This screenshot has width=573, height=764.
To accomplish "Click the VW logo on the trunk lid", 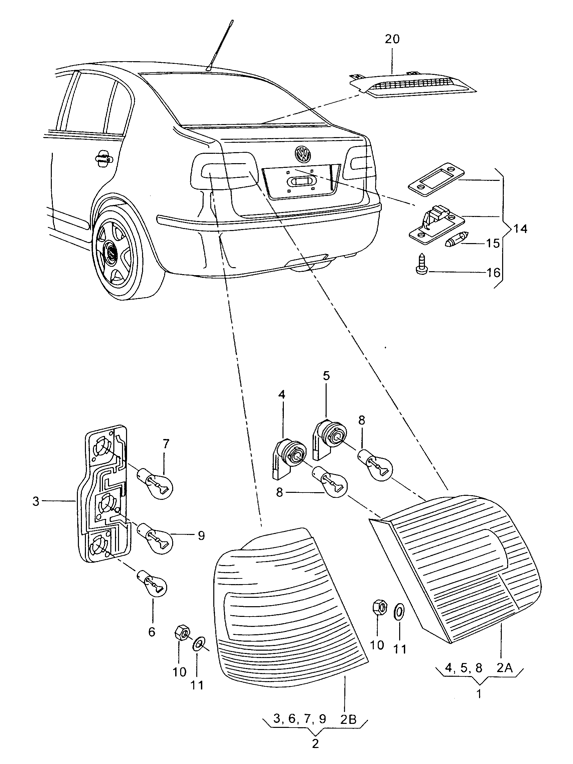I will click(303, 153).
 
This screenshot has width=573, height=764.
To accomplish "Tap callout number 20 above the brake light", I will click(392, 39).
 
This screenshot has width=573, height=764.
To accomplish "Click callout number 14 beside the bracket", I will click(520, 229).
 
